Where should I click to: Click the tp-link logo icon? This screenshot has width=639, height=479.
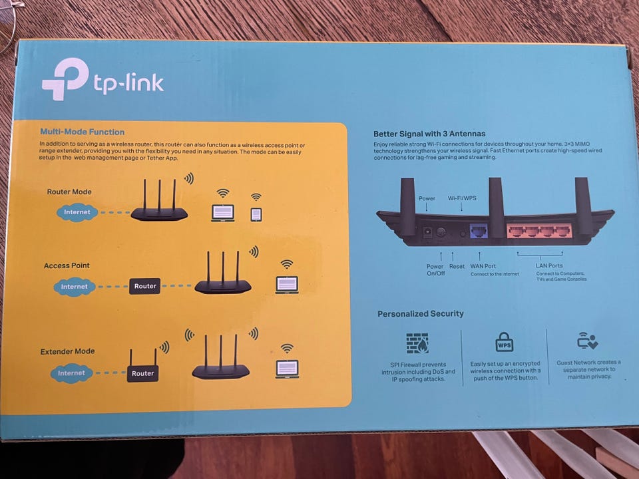[x=65, y=79]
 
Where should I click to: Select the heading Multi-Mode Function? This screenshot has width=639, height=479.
[x=82, y=132]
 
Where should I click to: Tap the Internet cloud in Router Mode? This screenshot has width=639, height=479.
[x=77, y=213]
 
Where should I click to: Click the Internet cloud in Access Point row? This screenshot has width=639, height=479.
[x=74, y=287]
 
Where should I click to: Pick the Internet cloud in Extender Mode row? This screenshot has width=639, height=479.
[x=71, y=373]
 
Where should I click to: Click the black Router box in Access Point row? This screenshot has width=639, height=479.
[x=145, y=287]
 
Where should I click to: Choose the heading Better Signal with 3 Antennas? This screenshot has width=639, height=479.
[x=429, y=134]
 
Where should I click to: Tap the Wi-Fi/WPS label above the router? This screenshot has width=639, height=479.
[x=461, y=198]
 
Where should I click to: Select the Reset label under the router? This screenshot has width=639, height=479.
[x=457, y=266]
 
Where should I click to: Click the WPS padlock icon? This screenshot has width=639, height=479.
[x=504, y=342]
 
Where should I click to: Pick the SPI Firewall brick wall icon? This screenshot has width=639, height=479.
[x=417, y=343]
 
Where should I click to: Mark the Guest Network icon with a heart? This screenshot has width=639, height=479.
[x=587, y=341]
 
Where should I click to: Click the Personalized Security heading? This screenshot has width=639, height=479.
[x=421, y=314]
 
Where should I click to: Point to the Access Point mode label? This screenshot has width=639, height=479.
[x=67, y=265]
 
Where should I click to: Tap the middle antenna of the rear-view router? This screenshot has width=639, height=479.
[x=495, y=200]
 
